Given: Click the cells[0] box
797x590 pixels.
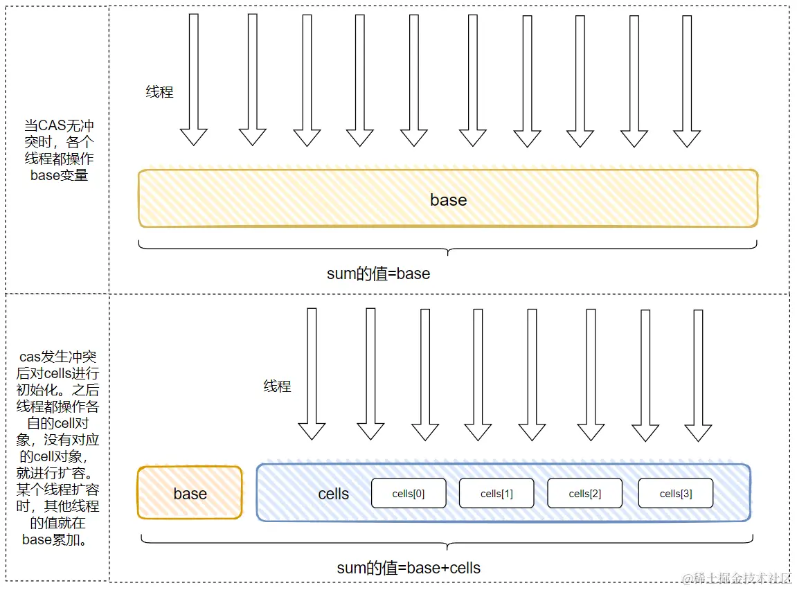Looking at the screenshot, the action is click(409, 493).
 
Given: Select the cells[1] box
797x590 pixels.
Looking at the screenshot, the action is click(496, 493).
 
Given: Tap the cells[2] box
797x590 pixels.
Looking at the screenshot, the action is click(584, 493).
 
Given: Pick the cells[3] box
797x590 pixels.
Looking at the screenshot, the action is click(676, 493).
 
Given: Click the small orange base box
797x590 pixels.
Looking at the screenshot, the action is click(190, 492).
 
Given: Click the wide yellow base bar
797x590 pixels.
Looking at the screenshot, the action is click(448, 198).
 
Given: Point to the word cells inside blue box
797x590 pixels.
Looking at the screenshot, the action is click(334, 494).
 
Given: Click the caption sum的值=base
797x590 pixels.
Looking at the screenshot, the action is click(378, 274).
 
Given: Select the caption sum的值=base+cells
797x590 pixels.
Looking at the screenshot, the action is click(409, 568).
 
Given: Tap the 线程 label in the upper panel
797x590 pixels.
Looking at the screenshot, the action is click(159, 92).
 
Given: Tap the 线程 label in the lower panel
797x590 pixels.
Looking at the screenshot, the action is click(277, 386).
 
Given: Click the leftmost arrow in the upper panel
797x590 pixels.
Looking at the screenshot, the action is click(194, 79).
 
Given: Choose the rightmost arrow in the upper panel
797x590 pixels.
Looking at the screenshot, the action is click(687, 81).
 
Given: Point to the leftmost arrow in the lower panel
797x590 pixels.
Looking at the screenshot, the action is click(312, 373).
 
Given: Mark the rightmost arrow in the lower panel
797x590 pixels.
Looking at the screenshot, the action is click(698, 375).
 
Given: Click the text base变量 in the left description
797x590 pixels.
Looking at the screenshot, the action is click(59, 175).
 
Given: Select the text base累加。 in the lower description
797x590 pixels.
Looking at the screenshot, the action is click(55, 539).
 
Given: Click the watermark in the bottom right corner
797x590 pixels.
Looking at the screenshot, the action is click(736, 578).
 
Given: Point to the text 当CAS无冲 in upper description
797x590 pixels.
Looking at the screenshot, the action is click(59, 125).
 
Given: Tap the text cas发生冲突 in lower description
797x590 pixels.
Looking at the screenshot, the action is click(57, 357).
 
